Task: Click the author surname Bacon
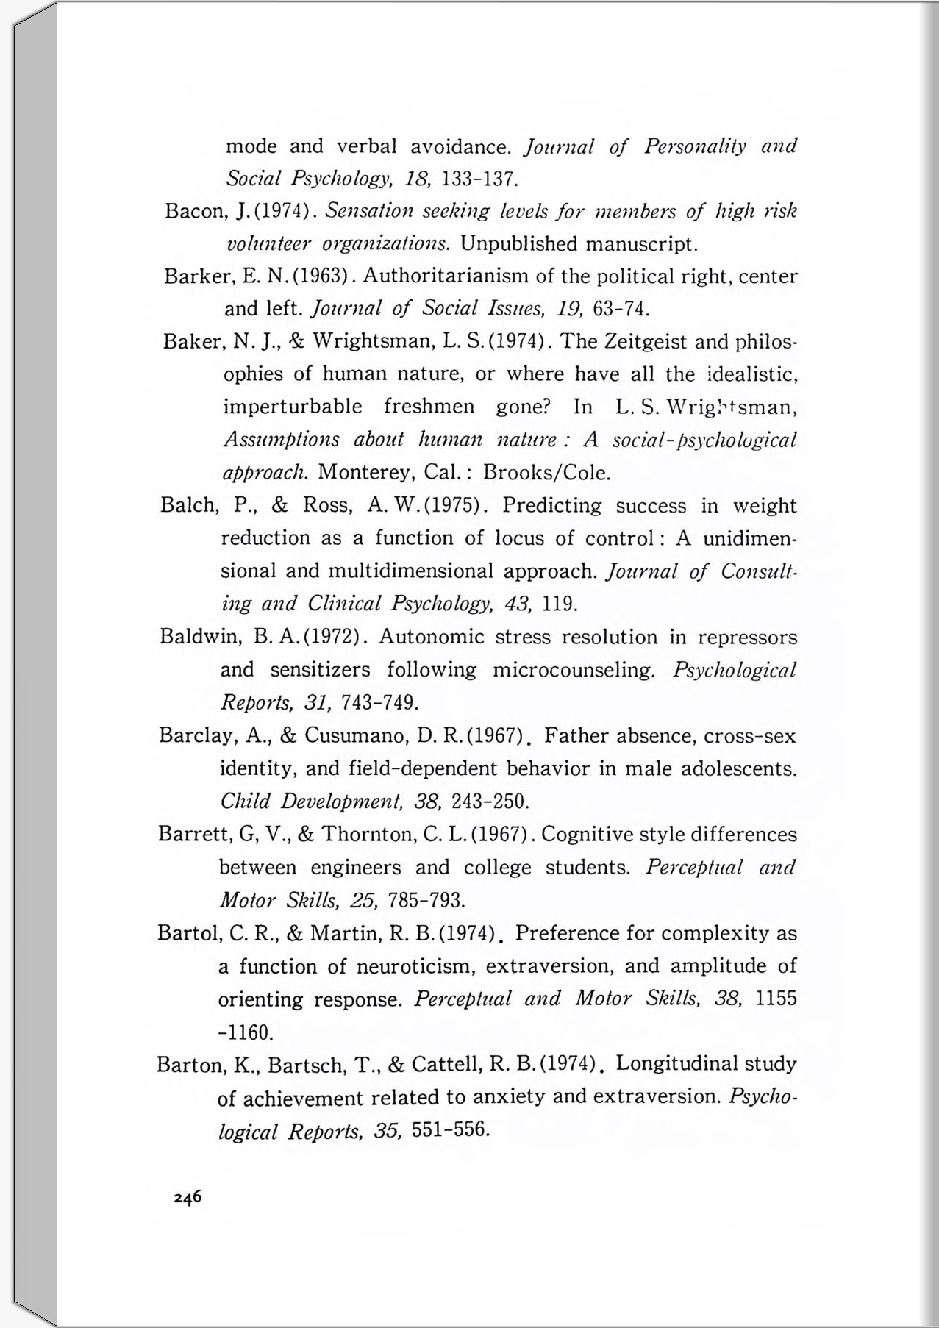(x=193, y=212)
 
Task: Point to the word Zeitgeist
(x=646, y=342)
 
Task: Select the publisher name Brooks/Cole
(x=547, y=472)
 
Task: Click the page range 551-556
(x=451, y=1129)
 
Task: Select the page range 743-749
(x=380, y=703)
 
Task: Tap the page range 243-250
(x=490, y=801)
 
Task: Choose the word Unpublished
(x=519, y=243)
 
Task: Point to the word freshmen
(x=429, y=407)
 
